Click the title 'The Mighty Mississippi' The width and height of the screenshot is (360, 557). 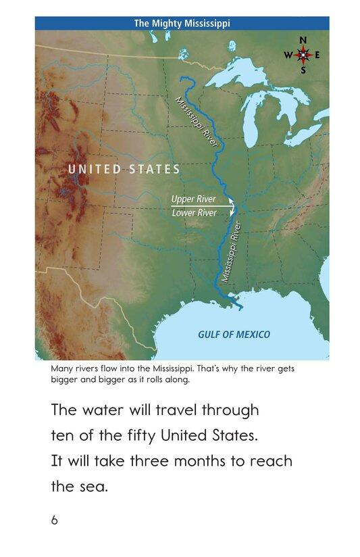click(182, 23)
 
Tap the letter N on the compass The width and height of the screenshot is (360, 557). click(303, 40)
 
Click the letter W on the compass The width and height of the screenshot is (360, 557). click(288, 55)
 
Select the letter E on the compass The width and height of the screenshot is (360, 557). click(317, 55)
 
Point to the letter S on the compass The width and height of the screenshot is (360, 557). click(303, 70)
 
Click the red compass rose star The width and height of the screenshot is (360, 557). click(303, 55)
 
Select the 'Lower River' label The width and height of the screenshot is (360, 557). click(194, 213)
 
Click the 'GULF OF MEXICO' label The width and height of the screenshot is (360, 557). click(234, 334)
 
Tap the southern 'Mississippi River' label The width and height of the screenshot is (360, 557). click(232, 254)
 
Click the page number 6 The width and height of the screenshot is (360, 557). click(54, 520)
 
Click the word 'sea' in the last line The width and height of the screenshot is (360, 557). click(93, 485)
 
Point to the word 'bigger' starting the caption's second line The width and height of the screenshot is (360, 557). click(66, 379)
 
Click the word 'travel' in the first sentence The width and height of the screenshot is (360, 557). click(183, 410)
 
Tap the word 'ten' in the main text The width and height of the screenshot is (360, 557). click(63, 436)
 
